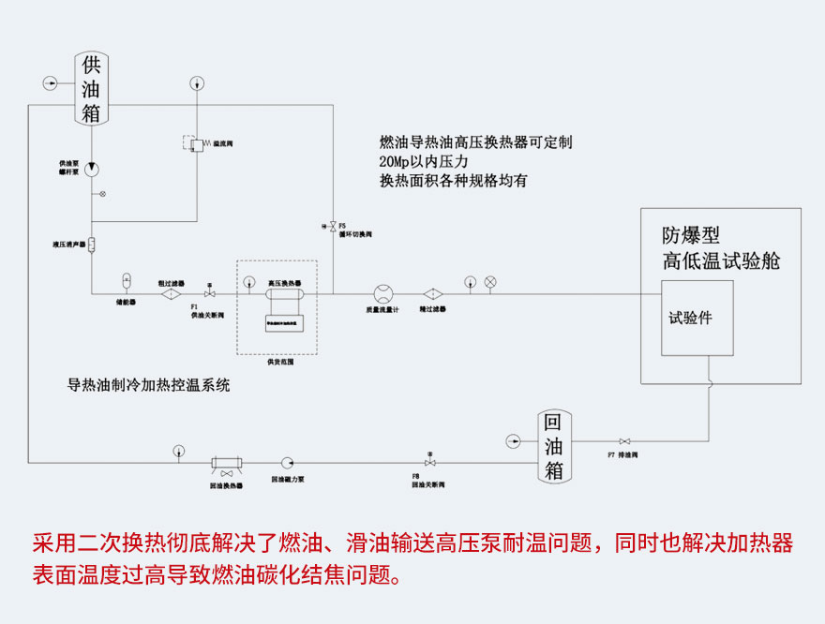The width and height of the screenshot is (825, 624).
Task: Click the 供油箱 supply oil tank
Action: click(91, 90)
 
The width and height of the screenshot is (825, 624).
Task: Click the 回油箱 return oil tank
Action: click(554, 446)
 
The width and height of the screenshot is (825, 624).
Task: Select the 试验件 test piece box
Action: click(697, 318)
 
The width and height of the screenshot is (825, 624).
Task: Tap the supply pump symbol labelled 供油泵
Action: click(92, 170)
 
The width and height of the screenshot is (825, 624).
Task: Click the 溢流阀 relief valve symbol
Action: click(198, 143)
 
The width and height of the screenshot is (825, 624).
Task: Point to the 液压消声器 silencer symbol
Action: click(92, 245)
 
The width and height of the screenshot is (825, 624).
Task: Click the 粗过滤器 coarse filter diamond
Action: click(171, 294)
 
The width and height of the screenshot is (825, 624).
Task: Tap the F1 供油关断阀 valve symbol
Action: click(210, 294)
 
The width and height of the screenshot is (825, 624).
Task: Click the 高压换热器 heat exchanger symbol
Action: click(283, 294)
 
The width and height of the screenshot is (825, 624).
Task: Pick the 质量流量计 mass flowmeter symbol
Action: click(382, 293)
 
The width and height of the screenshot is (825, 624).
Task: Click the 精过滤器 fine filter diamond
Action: click(432, 293)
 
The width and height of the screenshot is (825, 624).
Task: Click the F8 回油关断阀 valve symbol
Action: click(429, 462)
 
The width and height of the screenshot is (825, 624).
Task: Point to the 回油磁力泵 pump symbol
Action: click(287, 462)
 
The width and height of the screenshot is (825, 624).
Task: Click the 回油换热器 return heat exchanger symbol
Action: click(226, 462)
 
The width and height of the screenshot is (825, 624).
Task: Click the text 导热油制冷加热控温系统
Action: click(148, 384)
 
